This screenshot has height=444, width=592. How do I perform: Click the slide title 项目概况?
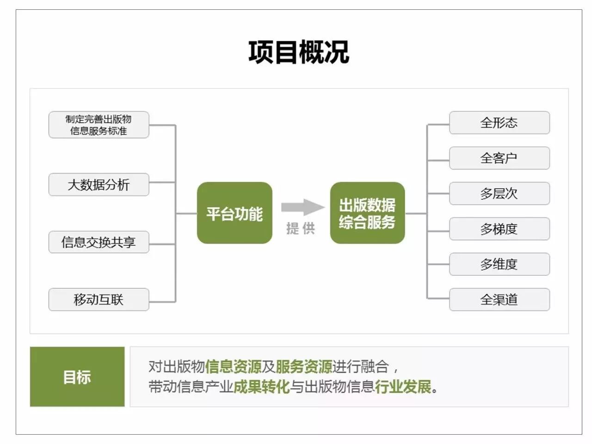pos(299,52)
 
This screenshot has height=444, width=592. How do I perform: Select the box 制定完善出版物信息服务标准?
pos(99,125)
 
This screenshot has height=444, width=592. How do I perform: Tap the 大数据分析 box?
pos(99,185)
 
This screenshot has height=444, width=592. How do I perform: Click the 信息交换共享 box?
pos(99,242)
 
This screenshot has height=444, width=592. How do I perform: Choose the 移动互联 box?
pos(99,300)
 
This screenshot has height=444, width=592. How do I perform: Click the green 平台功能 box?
pos(234,213)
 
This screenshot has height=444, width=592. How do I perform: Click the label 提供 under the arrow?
pos(301,228)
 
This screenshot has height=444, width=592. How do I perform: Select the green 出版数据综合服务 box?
pos(367,213)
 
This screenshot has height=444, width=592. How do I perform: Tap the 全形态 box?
pos(499,123)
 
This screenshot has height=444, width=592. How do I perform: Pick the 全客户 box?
pos(499,158)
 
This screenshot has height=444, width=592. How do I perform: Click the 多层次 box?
pos(499,193)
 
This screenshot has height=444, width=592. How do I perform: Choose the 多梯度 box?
pos(499,229)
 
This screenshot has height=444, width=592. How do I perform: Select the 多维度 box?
pos(499,264)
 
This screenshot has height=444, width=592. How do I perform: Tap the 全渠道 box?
pos(499,300)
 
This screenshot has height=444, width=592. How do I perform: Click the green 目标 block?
pos(77,377)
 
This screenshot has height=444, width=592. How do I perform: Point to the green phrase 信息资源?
pos(233,367)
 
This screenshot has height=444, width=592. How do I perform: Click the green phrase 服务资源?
pos(304,367)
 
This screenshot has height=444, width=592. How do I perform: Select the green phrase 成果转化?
pos(261,387)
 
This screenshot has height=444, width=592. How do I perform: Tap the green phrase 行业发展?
pos(403,387)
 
